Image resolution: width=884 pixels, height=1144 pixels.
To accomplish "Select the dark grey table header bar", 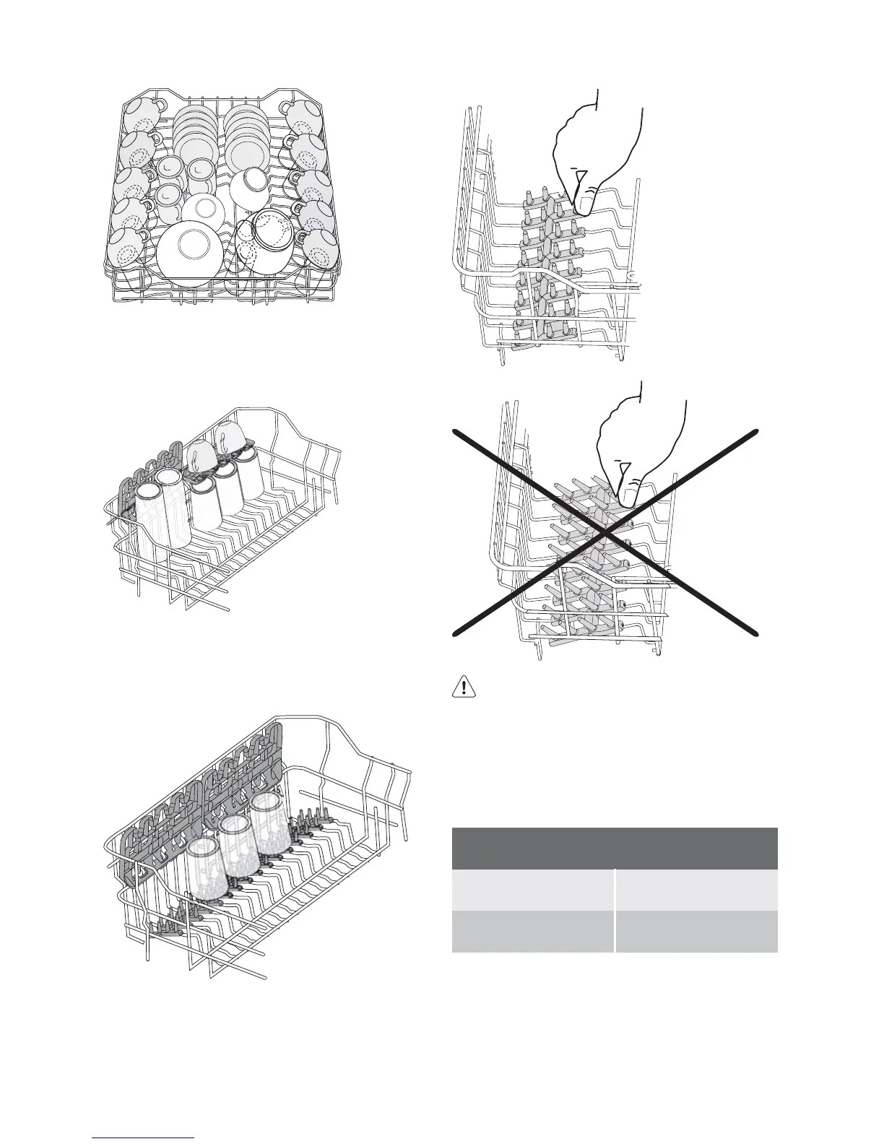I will pos(614,848).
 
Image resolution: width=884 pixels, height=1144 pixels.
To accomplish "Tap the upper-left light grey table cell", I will pos(532,890).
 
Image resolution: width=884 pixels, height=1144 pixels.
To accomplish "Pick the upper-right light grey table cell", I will pos(696,890).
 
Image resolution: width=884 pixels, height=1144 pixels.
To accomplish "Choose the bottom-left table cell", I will pos(532,931).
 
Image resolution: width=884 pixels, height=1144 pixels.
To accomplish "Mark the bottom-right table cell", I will pos(696,931).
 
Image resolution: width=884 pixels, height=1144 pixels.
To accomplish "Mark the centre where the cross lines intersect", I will pos(605,533).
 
